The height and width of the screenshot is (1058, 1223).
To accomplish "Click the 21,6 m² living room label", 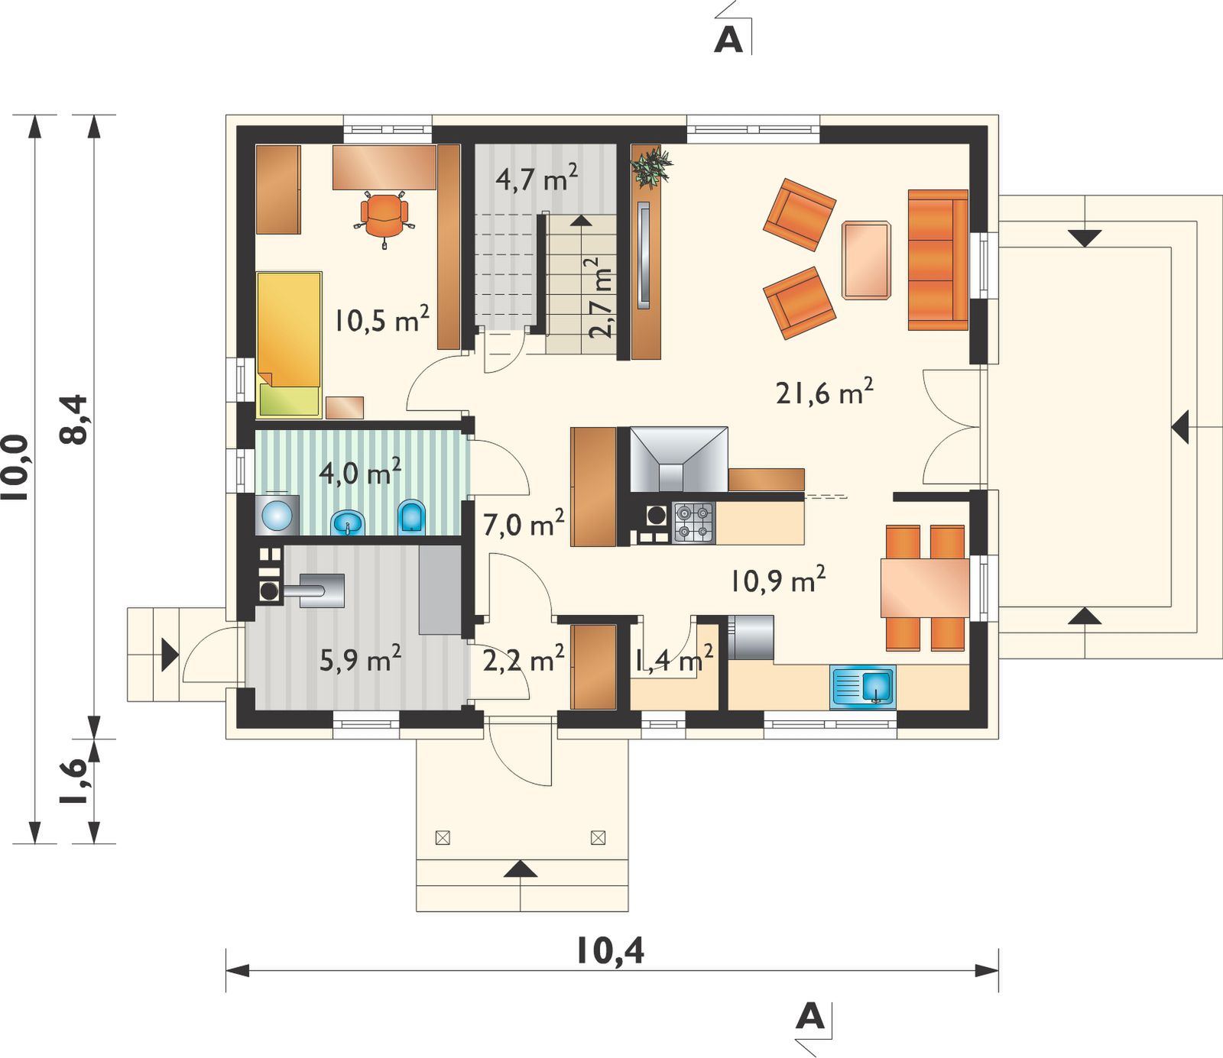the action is pyautogui.click(x=824, y=392).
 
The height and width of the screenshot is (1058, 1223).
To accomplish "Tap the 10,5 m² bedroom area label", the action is pyautogui.click(x=381, y=319).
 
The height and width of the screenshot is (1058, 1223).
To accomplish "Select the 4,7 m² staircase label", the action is pyautogui.click(x=537, y=178).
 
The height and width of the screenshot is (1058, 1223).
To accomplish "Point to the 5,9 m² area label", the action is pyautogui.click(x=360, y=658).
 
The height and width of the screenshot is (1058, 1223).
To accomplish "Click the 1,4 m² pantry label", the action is pyautogui.click(x=674, y=658).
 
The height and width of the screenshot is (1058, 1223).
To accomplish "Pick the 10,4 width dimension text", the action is pyautogui.click(x=609, y=951).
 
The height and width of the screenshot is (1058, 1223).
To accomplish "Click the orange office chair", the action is pyautogui.click(x=384, y=217).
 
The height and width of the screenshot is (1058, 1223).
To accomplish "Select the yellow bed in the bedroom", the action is pyautogui.click(x=289, y=345).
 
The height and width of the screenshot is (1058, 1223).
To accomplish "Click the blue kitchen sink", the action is pyautogui.click(x=862, y=685).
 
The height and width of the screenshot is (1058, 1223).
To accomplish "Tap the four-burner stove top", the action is pyautogui.click(x=694, y=523).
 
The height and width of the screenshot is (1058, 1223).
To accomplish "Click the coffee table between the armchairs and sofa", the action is pyautogui.click(x=867, y=260).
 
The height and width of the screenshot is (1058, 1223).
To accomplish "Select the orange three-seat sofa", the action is pyautogui.click(x=938, y=260).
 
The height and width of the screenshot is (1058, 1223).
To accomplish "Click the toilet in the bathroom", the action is pyautogui.click(x=412, y=516).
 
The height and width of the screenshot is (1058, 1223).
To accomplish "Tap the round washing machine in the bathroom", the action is pyautogui.click(x=277, y=514).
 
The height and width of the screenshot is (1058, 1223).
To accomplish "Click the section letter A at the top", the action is pyautogui.click(x=728, y=40).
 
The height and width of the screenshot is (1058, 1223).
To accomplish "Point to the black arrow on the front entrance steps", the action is pyautogui.click(x=521, y=869).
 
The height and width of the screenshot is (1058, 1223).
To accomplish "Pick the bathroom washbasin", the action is pyautogui.click(x=348, y=523).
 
